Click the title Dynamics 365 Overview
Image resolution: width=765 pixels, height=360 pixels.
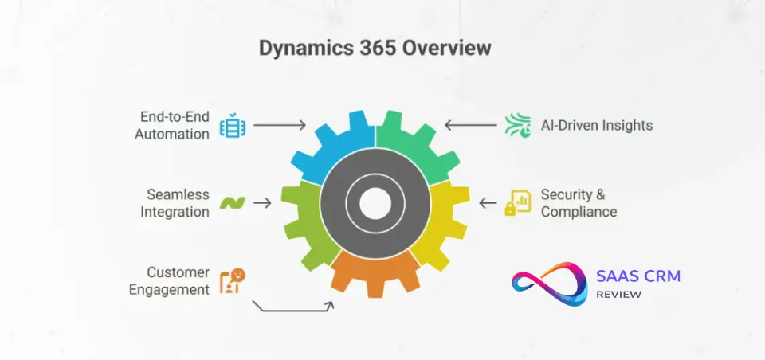coord(375,49)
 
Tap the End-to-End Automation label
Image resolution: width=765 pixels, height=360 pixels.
coord(172,125)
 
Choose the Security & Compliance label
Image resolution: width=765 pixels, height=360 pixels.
coord(579,203)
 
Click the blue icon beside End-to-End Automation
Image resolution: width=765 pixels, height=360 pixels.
coord(233,126)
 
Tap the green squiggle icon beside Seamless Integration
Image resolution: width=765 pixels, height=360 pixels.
coord(233,203)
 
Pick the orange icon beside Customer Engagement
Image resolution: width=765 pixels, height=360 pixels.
coord(233,280)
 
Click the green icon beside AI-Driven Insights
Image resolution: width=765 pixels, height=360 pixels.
coord(516,126)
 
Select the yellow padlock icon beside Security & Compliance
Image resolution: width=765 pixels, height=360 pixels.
coord(516,203)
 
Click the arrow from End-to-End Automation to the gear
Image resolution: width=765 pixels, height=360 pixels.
coord(280,126)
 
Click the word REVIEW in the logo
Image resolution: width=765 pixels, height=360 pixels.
coord(619,295)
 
